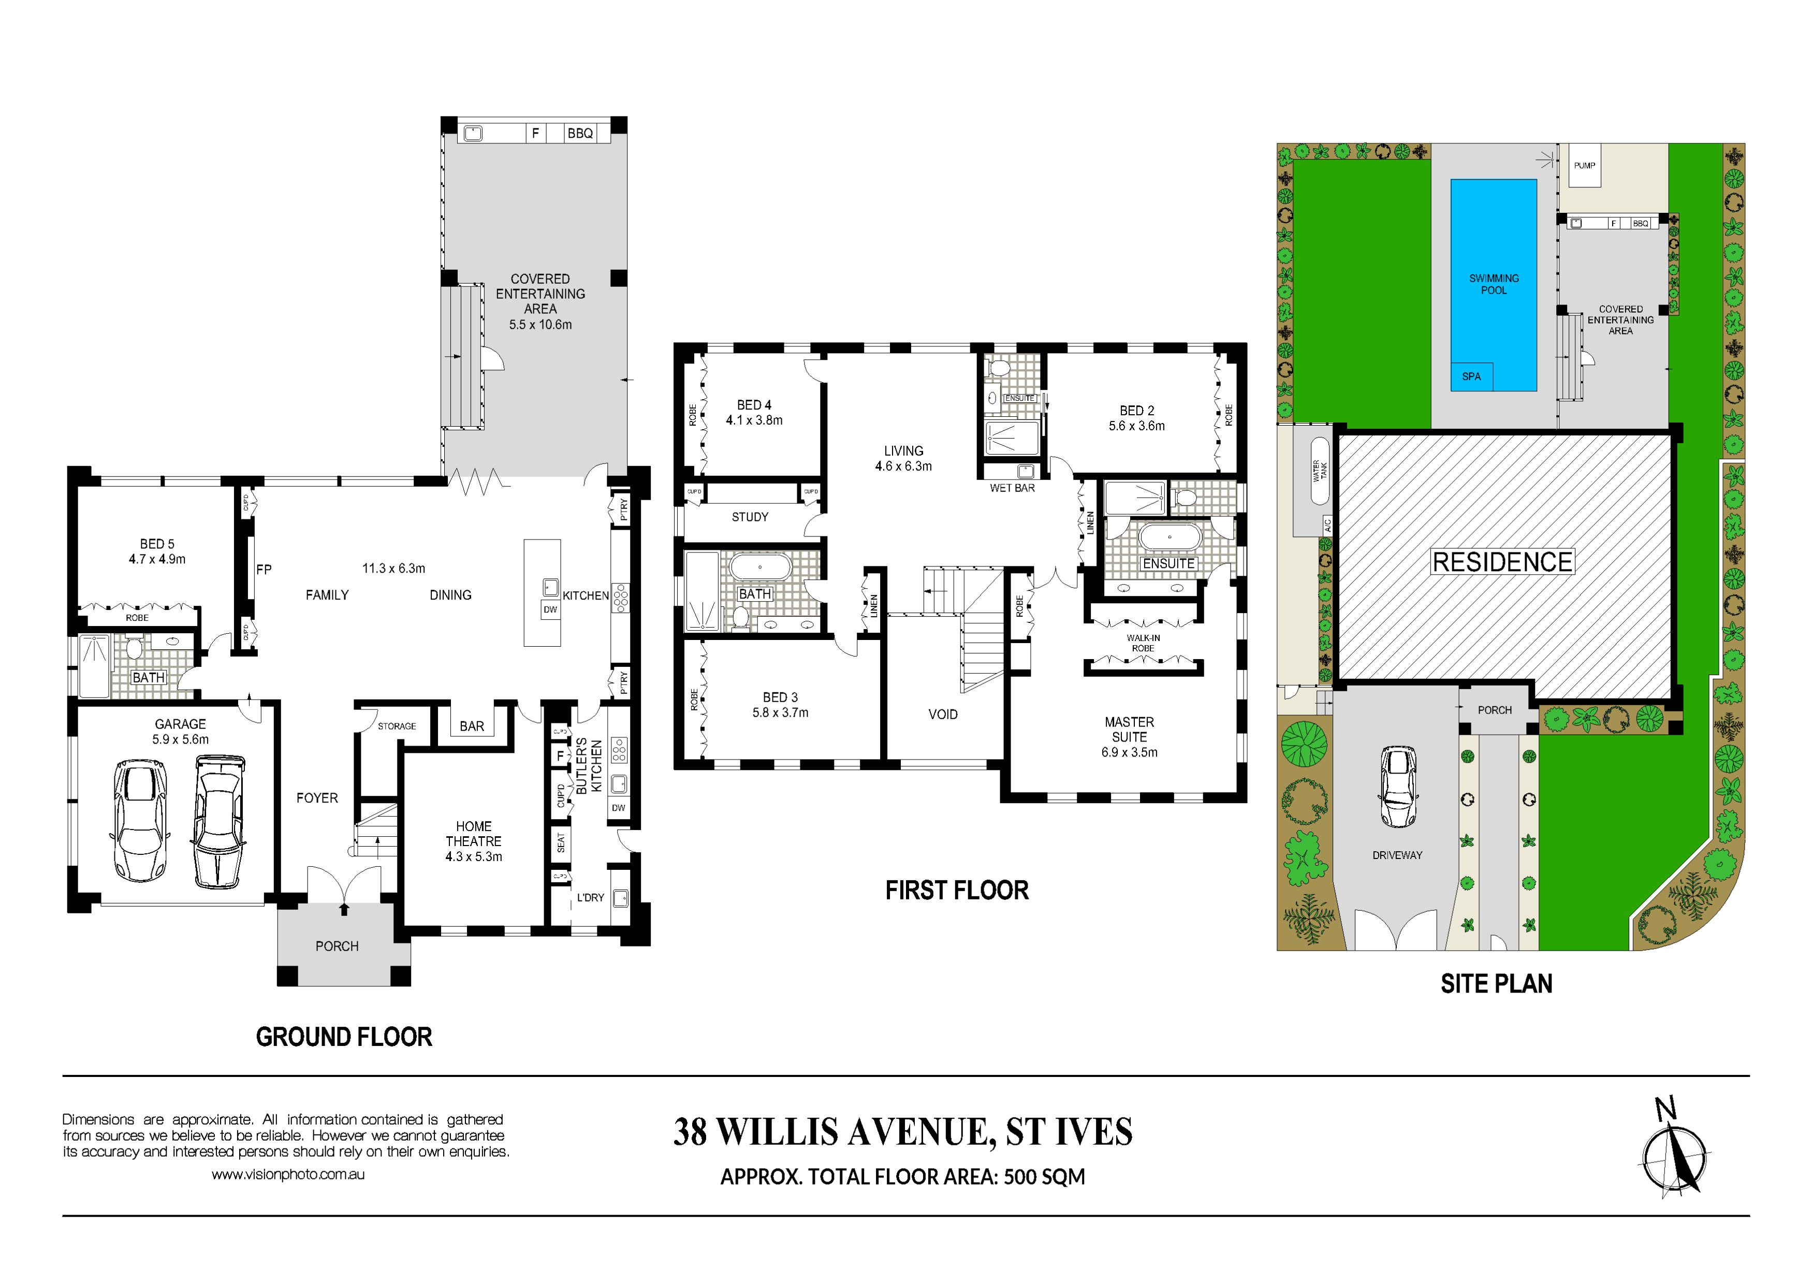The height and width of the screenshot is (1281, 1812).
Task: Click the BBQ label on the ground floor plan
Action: coord(580,134)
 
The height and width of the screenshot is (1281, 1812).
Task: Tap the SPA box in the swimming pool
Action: coord(1471,376)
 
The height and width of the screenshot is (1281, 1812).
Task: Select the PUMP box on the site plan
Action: coord(1584,166)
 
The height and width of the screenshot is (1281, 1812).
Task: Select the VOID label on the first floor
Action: coord(943,715)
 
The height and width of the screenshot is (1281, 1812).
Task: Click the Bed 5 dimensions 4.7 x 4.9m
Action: coord(157,559)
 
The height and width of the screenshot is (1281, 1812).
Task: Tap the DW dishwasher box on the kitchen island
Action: coord(550,609)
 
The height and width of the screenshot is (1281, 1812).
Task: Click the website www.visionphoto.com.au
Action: coord(288,1174)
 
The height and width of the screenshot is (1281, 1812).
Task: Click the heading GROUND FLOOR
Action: coord(344,1037)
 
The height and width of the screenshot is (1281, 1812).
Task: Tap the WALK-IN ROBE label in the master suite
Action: coord(1143,643)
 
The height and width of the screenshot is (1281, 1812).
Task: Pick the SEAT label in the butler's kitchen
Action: coord(561,843)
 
